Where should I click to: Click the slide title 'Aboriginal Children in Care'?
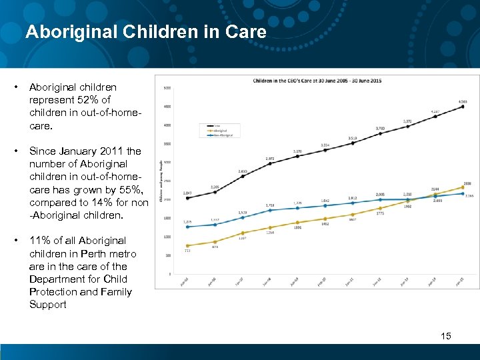[145, 31]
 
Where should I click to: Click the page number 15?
[446, 336]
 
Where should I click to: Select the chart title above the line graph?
[317, 81]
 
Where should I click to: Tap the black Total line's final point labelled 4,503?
[463, 107]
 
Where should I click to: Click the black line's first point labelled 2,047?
[187, 198]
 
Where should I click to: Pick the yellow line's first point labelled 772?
[187, 245]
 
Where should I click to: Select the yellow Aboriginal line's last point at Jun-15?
[463, 187]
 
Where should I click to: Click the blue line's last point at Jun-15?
[463, 193]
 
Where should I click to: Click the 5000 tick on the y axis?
[167, 88]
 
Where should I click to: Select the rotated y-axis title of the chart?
[160, 181]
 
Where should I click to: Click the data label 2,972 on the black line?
[269, 159]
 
